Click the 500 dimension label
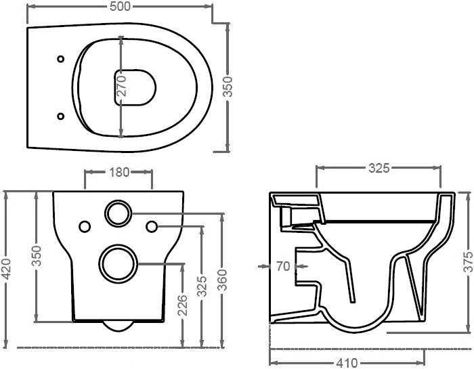point(120,6)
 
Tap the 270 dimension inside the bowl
point(121,85)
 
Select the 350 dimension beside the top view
point(228,87)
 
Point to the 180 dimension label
point(119,172)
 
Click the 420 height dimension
point(6,269)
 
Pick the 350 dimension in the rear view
point(37,256)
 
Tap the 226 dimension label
point(182,305)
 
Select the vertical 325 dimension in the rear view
point(202,286)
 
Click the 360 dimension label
point(222,280)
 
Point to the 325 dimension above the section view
point(379,168)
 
